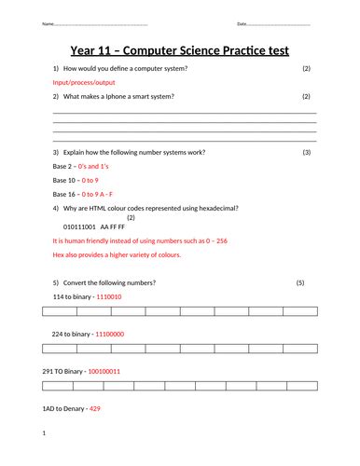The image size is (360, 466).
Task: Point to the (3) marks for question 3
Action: coord(307,152)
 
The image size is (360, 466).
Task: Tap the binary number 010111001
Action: coord(79,226)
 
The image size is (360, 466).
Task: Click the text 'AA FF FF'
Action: coord(112,226)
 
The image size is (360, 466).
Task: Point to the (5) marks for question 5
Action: coord(300,282)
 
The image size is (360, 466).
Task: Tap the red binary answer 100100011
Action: coord(104,371)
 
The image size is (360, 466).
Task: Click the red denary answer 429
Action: coord(94,409)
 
